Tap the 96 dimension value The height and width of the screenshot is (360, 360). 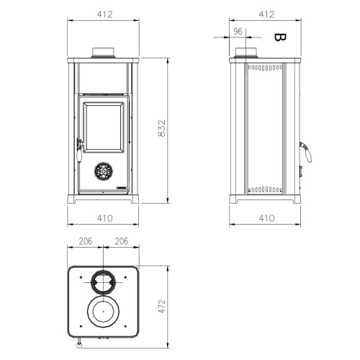[238, 31]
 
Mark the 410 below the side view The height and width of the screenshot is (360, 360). [266, 217]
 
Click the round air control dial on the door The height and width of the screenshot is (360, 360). [102, 172]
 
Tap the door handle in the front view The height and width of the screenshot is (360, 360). [78, 146]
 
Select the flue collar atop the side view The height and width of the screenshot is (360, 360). [247, 53]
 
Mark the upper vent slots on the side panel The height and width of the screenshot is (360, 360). [264, 70]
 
